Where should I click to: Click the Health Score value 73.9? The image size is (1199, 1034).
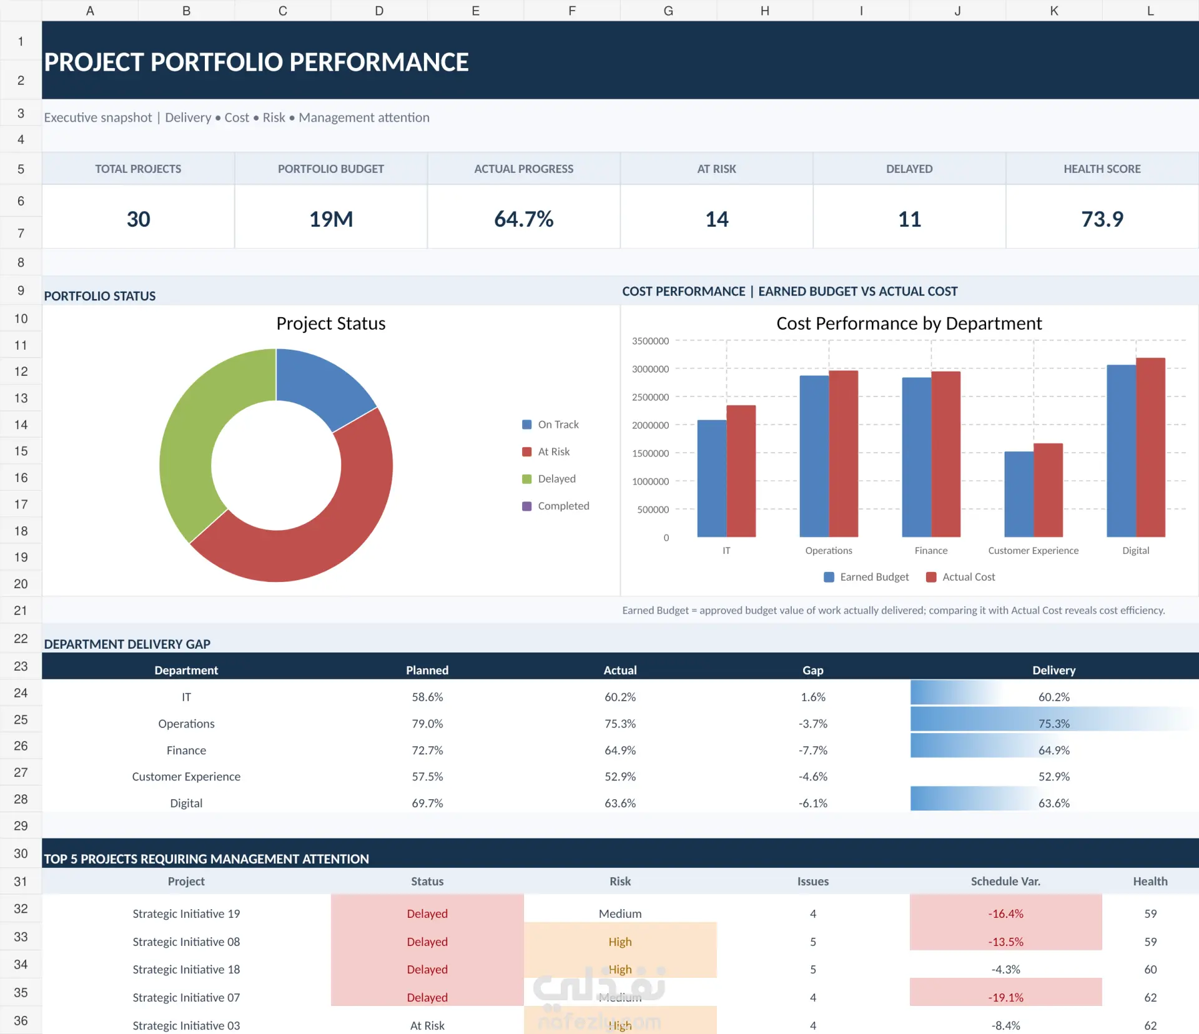point(1102,219)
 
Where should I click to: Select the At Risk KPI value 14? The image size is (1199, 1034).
point(716,219)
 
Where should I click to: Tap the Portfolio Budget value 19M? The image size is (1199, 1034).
point(331,219)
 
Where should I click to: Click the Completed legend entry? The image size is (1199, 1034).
point(556,506)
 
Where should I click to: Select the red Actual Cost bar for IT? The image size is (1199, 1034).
point(741,471)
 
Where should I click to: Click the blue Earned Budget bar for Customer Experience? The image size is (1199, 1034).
point(1019,494)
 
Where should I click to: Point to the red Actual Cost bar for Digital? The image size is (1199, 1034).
point(1150,448)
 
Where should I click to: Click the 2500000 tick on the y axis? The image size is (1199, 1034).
point(650,397)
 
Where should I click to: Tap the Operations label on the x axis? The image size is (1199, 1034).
point(829,551)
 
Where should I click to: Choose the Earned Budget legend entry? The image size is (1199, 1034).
point(866,577)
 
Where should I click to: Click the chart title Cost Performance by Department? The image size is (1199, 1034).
point(909,323)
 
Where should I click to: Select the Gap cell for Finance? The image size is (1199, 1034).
point(812,750)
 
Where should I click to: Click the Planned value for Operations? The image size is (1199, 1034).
point(427,724)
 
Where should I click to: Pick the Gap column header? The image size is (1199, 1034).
point(812,670)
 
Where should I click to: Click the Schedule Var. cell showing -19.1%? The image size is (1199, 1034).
point(1005,997)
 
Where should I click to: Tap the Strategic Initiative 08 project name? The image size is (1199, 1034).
point(186,942)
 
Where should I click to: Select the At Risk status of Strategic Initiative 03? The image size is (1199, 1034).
point(427,1025)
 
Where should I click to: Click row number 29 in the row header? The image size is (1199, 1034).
point(21,825)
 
